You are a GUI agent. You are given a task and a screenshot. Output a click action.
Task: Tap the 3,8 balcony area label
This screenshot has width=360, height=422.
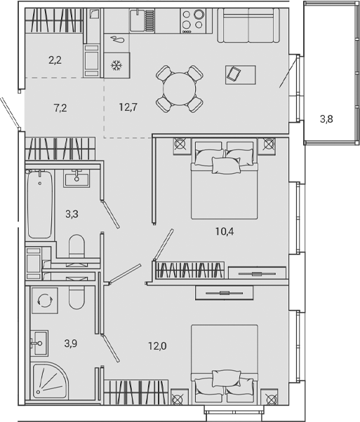(x=326, y=119)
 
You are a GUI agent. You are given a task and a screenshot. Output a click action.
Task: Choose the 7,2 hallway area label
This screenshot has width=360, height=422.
(x=61, y=107)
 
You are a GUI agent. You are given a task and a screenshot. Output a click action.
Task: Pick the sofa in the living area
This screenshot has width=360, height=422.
(x=248, y=26)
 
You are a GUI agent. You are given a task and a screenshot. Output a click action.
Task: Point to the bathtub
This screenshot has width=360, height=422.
(x=39, y=206)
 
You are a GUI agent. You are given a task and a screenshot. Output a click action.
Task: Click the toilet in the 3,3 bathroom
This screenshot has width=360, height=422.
(x=77, y=247)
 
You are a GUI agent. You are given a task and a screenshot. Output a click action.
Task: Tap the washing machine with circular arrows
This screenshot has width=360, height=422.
(x=45, y=299)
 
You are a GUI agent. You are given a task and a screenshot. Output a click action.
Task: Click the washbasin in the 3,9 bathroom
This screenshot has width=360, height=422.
(x=39, y=343)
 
